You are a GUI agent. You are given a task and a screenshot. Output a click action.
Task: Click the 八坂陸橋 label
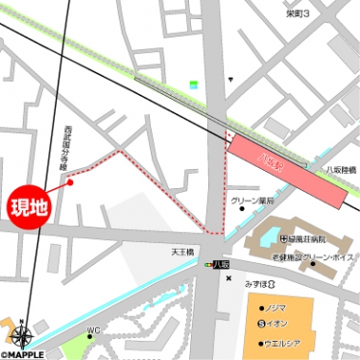tap(341, 169)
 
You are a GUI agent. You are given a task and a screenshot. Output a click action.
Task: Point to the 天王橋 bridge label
tap(182, 252)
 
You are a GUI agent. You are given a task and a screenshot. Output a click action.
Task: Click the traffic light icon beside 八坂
tap(209, 263)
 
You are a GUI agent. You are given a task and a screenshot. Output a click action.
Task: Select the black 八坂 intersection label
tap(222, 263)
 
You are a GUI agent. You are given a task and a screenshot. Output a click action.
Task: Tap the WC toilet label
tap(93, 331)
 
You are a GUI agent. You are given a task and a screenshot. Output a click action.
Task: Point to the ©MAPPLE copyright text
tap(23, 353)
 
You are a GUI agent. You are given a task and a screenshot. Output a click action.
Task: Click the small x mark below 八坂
tap(228, 278)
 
